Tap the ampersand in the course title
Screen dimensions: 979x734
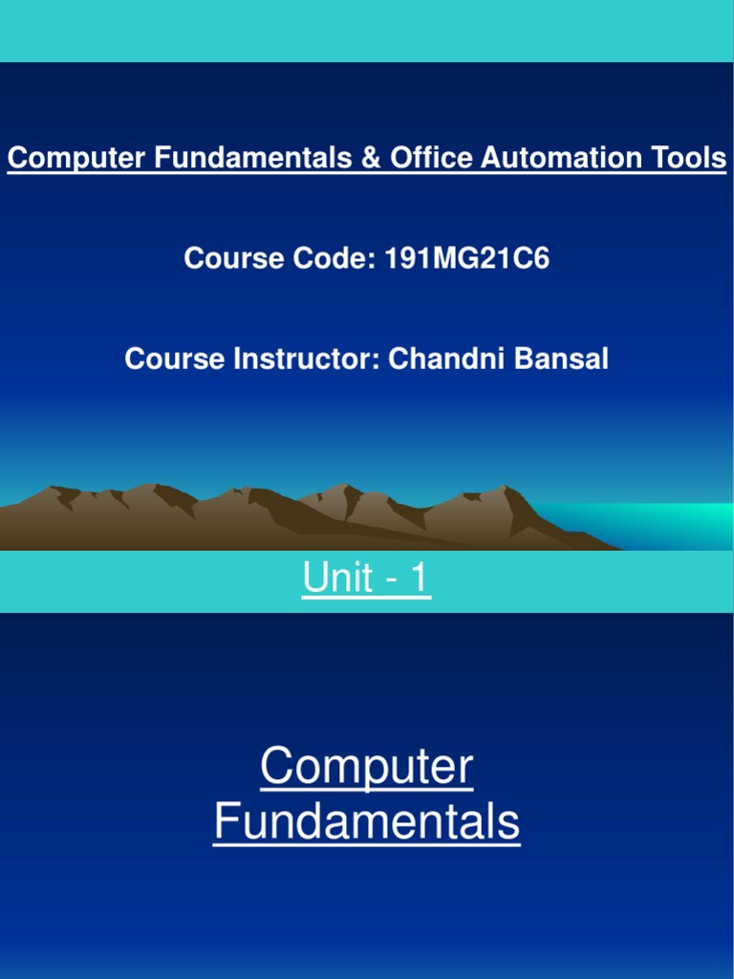[x=371, y=158]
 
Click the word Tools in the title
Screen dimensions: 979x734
[x=684, y=158]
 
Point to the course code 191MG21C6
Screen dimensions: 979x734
[x=466, y=258]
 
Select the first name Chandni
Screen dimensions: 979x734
[x=445, y=359]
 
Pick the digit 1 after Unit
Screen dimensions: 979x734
[x=419, y=578]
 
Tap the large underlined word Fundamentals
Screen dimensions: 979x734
[x=367, y=821]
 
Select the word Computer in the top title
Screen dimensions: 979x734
[x=77, y=158]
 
